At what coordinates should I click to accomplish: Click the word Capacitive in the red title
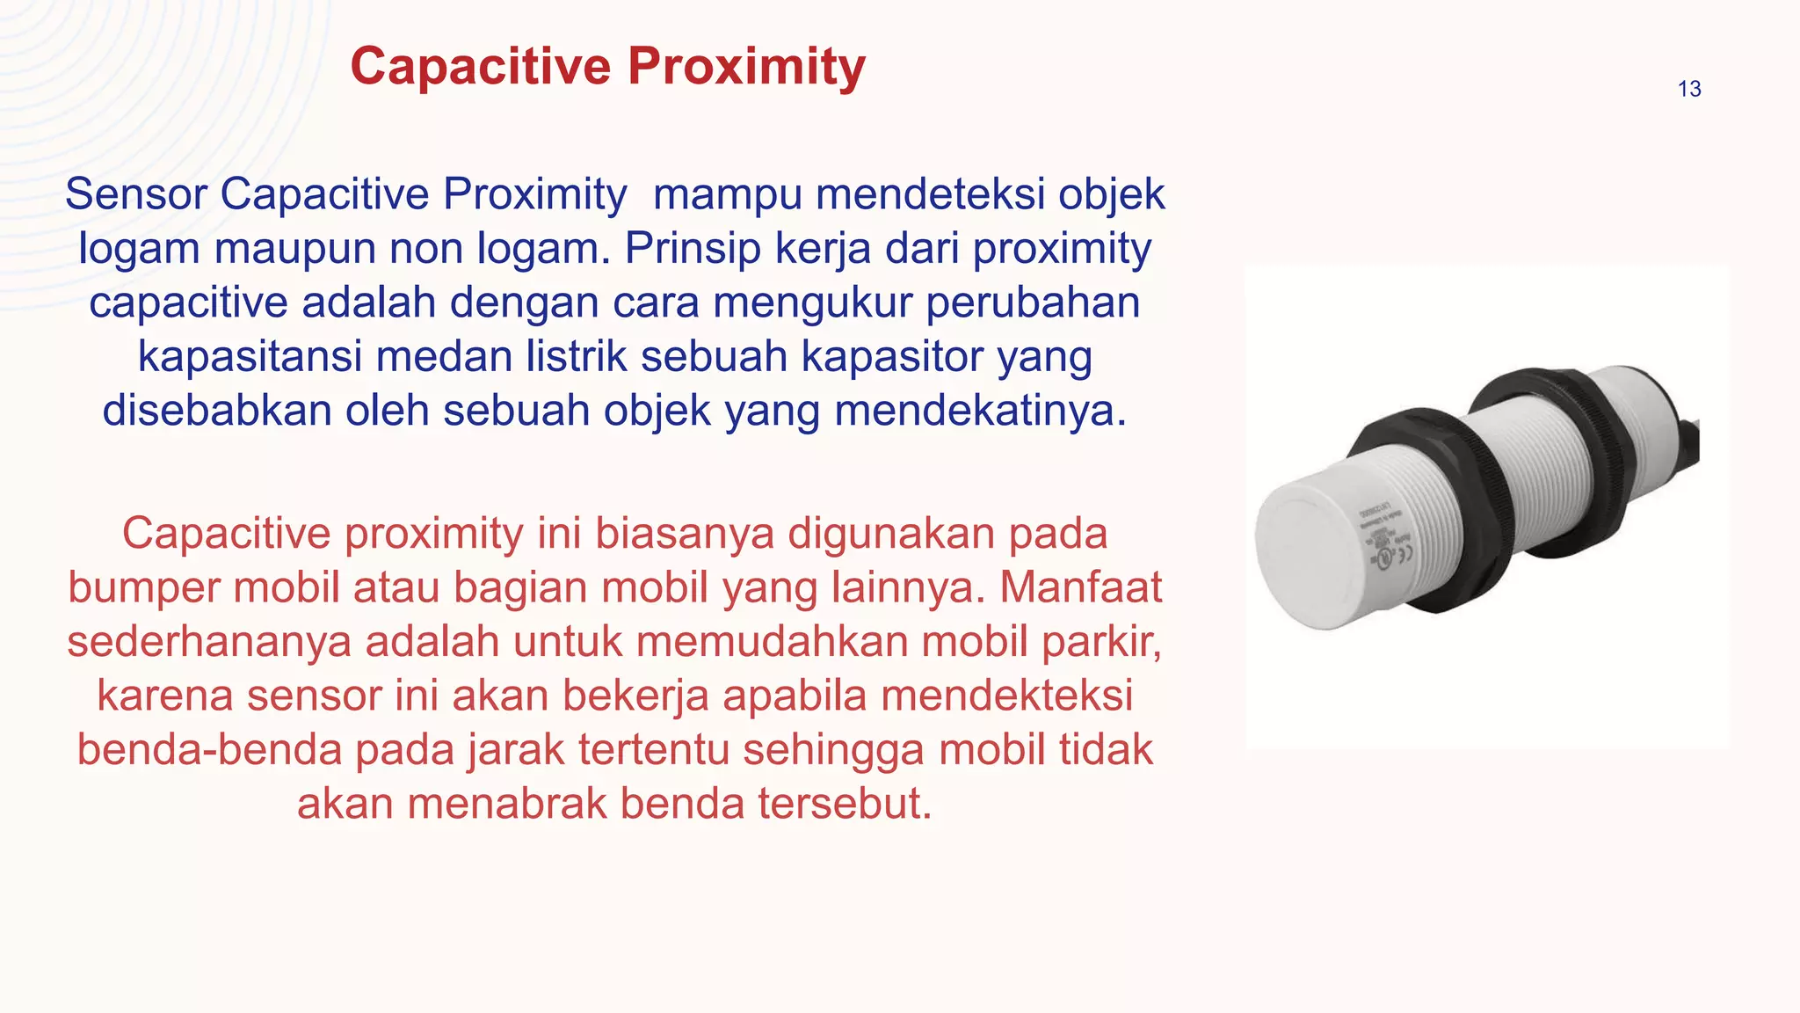point(480,67)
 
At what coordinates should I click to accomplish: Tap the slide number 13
point(1688,89)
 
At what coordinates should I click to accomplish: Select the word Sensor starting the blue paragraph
point(136,194)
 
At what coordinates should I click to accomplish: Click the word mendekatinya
point(980,411)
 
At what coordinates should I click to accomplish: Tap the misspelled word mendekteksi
point(1006,696)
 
